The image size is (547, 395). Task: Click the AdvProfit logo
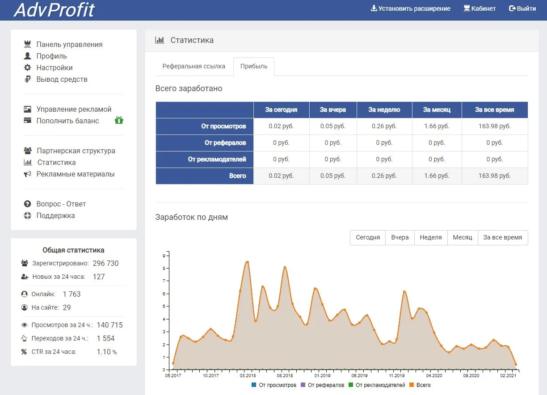[54, 10]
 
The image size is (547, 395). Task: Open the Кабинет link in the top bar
[480, 8]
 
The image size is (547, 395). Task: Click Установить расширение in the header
[411, 8]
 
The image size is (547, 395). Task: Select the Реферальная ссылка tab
[194, 66]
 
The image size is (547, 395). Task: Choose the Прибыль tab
[254, 67]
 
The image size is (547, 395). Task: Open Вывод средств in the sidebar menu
[62, 80]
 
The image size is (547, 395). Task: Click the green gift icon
[119, 120]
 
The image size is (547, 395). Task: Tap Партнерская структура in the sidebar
[76, 151]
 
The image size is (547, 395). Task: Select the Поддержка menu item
[55, 215]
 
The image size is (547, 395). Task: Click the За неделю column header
[384, 110]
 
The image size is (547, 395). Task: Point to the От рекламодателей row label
[217, 159]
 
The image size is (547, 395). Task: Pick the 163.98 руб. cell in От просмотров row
[495, 126]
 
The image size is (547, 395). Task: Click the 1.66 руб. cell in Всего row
[437, 176]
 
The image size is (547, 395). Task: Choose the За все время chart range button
[503, 237]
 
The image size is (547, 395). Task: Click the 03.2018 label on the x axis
[248, 375]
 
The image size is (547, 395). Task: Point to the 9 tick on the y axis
[164, 256]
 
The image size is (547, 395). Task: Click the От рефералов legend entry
[323, 385]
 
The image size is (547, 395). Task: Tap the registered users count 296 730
[105, 263]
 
